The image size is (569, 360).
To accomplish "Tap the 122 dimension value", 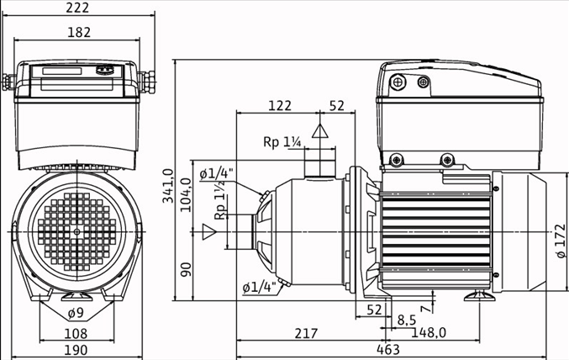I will (279, 105).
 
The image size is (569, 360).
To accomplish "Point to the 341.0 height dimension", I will (167, 186).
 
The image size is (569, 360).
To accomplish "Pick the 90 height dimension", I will (186, 269).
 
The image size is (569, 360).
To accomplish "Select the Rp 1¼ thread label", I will (282, 142).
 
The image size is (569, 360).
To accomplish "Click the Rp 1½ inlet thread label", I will (220, 204).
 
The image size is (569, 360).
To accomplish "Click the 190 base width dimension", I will (77, 350).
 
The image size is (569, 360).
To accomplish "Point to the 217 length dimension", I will (307, 333).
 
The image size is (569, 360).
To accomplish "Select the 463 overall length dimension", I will (387, 350).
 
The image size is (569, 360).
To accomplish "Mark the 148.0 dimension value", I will (429, 333).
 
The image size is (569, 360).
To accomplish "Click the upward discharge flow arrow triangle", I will (319, 130).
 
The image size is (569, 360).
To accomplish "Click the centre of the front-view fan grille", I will (76, 229).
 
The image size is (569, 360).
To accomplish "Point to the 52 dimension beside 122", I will (337, 105).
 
